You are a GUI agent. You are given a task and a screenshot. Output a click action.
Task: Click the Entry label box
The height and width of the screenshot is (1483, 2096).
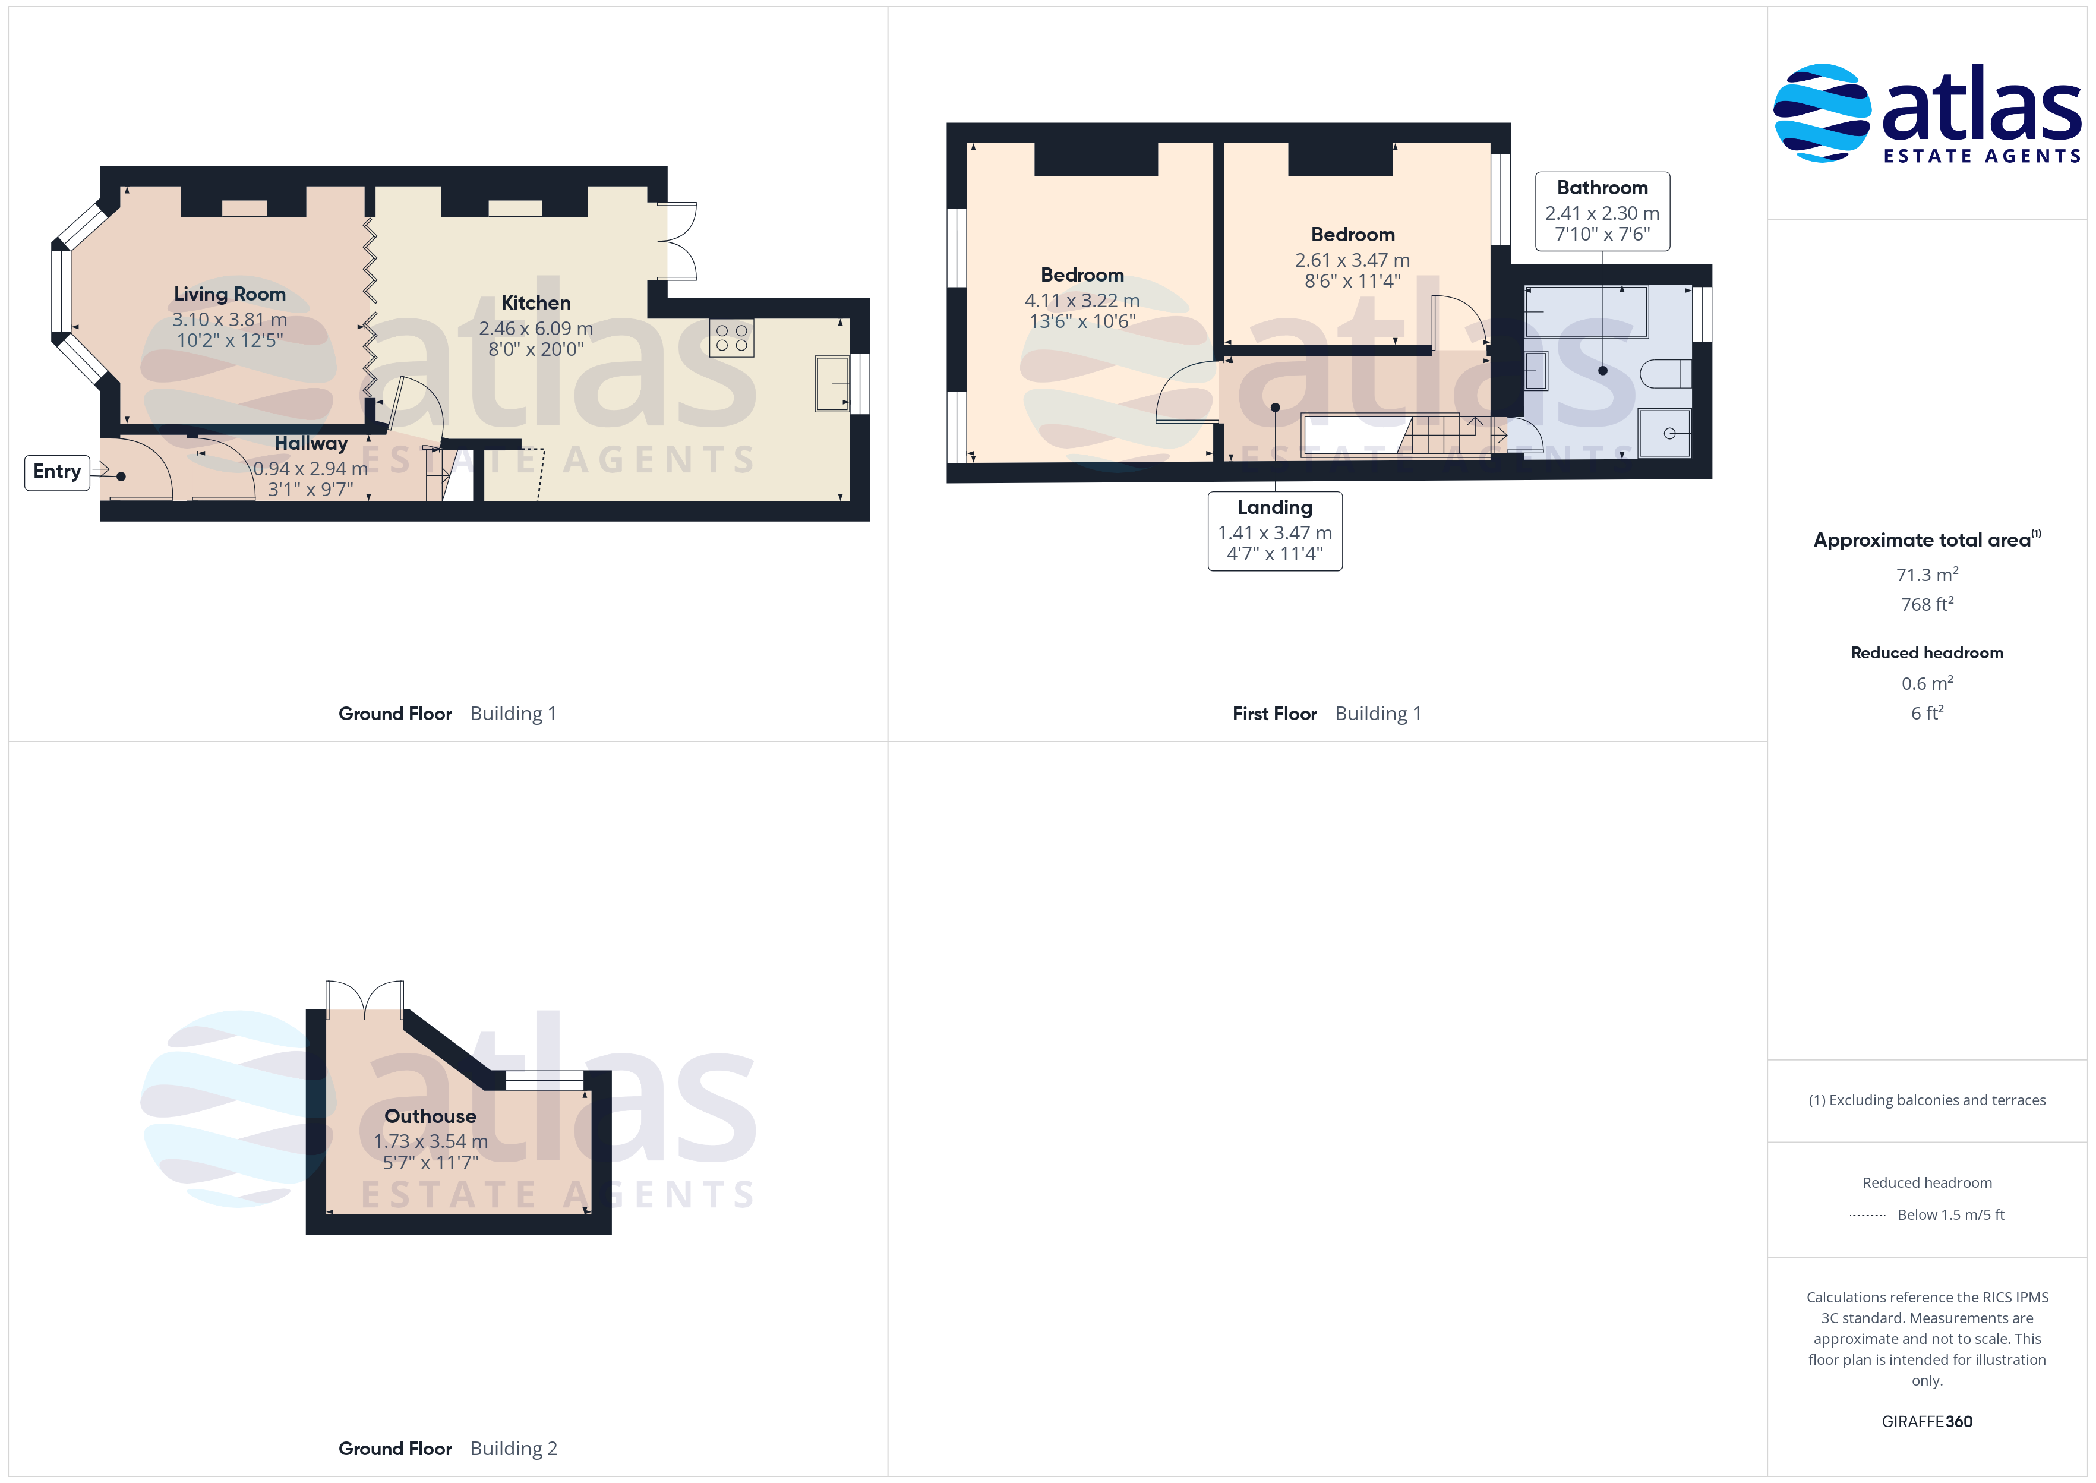pyautogui.click(x=56, y=472)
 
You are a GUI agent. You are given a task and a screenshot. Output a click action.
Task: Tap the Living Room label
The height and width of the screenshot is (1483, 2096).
pyautogui.click(x=230, y=294)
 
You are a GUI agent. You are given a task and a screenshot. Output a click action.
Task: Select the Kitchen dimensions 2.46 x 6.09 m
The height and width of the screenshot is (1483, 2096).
pyautogui.click(x=536, y=328)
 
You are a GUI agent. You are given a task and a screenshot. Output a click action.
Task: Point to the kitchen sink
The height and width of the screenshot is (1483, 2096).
pyautogui.click(x=832, y=384)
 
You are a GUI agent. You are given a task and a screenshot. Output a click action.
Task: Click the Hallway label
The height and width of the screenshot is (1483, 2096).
pyautogui.click(x=311, y=444)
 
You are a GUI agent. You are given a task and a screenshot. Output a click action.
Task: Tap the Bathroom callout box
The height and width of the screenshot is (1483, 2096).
pyautogui.click(x=1602, y=211)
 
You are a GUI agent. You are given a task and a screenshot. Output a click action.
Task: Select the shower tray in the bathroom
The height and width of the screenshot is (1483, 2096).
pyautogui.click(x=1664, y=433)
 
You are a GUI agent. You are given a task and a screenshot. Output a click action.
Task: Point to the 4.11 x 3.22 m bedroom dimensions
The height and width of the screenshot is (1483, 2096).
pyautogui.click(x=1082, y=301)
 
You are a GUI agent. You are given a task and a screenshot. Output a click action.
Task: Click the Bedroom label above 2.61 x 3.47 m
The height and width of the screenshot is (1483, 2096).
pyautogui.click(x=1353, y=235)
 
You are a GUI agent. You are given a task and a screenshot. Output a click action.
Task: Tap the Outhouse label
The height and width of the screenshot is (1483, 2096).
pyautogui.click(x=430, y=1116)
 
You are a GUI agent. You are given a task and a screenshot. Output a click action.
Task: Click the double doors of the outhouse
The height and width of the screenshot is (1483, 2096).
pyautogui.click(x=365, y=998)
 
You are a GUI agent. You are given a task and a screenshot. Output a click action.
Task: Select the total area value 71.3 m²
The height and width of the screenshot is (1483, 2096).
pyautogui.click(x=1927, y=575)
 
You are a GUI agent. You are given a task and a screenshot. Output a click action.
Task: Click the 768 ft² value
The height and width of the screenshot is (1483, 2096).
pyautogui.click(x=1927, y=604)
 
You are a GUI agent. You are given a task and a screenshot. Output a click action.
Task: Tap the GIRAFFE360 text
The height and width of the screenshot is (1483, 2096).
pyautogui.click(x=1927, y=1422)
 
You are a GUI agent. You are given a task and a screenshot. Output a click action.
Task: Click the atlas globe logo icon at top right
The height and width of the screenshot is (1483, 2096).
pyautogui.click(x=1822, y=113)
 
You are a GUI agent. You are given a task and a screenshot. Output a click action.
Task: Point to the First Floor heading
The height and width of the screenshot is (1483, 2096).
pyautogui.click(x=1274, y=714)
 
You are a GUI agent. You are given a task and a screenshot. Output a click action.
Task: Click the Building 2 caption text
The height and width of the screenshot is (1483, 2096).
pyautogui.click(x=513, y=1449)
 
